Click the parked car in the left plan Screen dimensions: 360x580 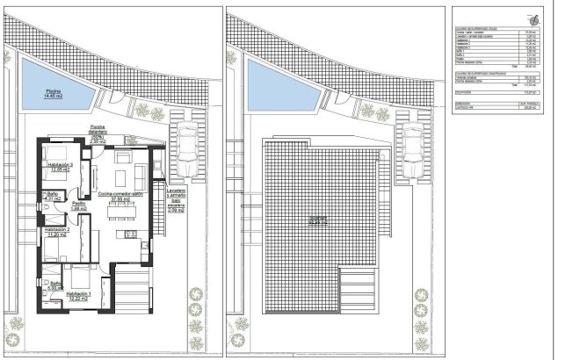(x=185, y=153)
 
